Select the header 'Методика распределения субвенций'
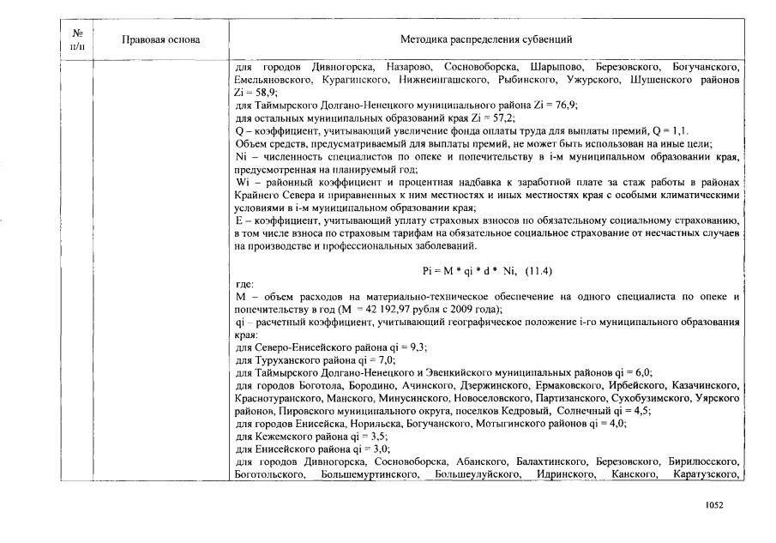[486, 40]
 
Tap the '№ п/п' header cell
[76, 40]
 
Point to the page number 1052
[714, 505]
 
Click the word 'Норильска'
[375, 423]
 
